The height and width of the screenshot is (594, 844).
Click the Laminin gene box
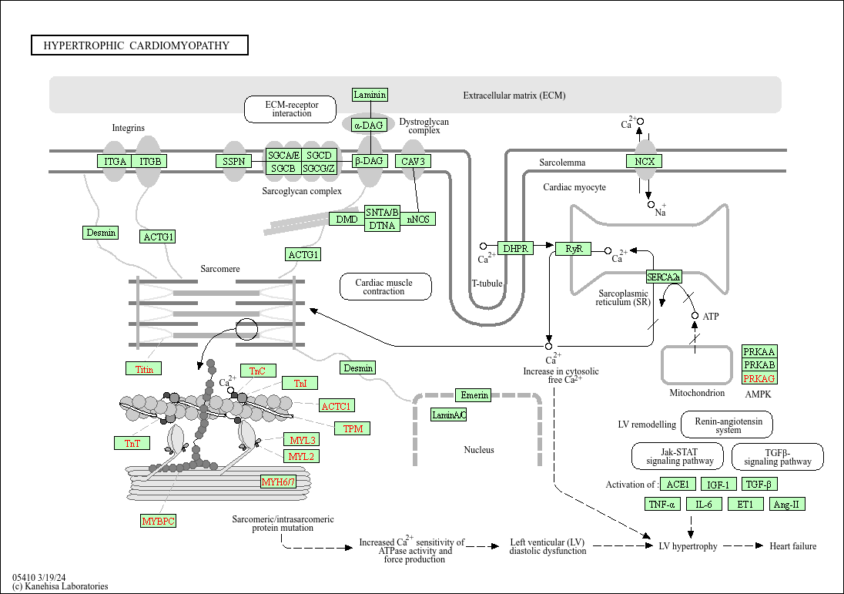tap(370, 95)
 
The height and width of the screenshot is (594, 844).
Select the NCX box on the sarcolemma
tap(644, 161)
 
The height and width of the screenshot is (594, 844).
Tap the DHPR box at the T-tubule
tap(515, 248)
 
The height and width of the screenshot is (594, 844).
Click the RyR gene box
tap(574, 248)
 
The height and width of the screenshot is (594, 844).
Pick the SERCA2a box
tap(663, 277)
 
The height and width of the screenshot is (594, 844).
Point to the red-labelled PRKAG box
tap(759, 378)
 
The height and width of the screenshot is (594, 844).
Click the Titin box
tap(144, 369)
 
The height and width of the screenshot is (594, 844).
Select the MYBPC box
tap(159, 521)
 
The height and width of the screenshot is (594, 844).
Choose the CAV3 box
tap(413, 161)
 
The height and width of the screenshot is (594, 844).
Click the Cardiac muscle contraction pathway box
tap(385, 287)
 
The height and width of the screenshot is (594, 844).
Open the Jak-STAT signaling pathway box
tap(678, 456)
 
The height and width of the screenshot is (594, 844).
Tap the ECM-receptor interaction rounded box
tap(292, 109)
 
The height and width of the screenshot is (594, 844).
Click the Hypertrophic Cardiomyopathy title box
tap(139, 45)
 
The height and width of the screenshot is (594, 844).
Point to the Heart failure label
tap(792, 546)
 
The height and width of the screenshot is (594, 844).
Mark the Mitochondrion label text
tap(697, 393)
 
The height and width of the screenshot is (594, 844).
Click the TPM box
tap(353, 428)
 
